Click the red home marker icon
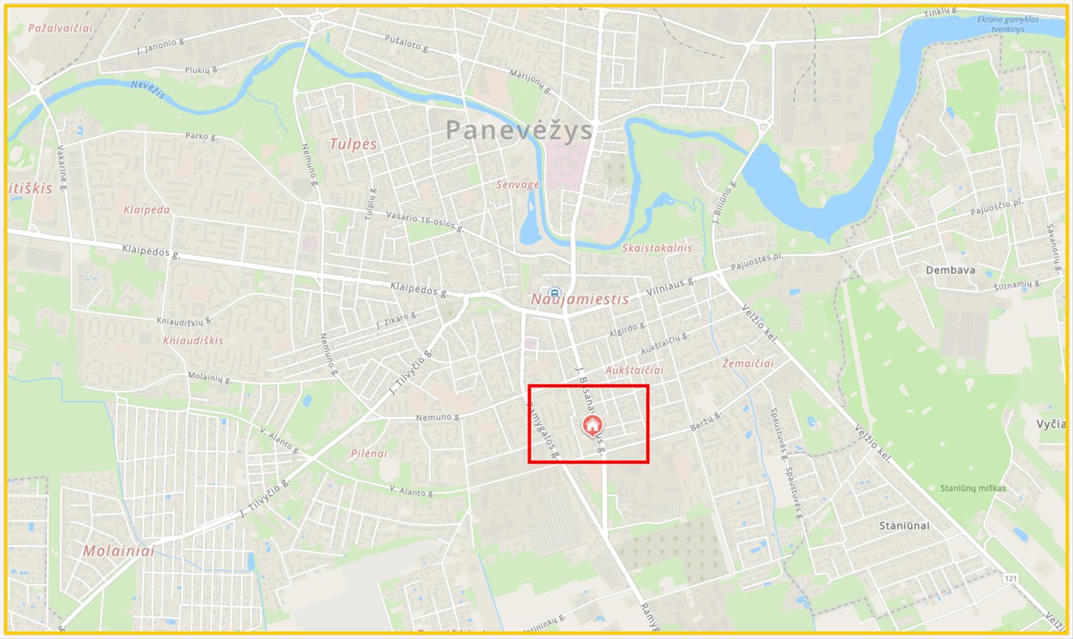[592, 426]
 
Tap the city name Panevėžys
[519, 131]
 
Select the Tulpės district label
[353, 144]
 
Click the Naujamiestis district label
[580, 299]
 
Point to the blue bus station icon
[553, 293]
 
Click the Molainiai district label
[119, 550]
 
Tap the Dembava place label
[950, 270]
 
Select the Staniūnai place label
[904, 526]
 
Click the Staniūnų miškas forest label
[973, 488]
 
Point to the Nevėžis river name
[148, 89]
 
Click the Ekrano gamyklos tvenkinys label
[1008, 24]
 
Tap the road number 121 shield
[1012, 578]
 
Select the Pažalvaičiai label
[61, 28]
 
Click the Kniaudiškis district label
[193, 340]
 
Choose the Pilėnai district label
[369, 454]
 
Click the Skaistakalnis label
[656, 248]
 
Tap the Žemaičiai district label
[748, 363]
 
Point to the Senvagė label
[517, 185]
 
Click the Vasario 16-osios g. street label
[424, 220]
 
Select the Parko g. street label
[201, 136]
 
